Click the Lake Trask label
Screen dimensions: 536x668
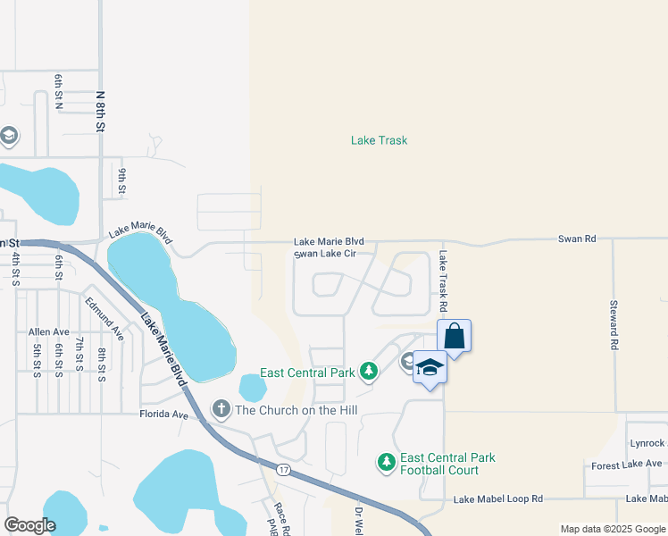click(x=379, y=140)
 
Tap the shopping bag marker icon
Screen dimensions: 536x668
click(x=454, y=337)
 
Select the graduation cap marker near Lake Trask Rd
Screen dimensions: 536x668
click(x=430, y=367)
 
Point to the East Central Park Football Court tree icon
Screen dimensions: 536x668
click(x=387, y=462)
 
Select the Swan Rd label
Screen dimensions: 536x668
click(x=576, y=239)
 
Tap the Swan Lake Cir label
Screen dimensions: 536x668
click(x=325, y=254)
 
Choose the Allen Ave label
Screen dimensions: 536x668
click(x=48, y=331)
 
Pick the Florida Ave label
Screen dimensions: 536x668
click(x=163, y=415)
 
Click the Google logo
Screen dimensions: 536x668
click(x=29, y=524)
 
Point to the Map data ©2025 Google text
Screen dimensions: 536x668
click(x=611, y=529)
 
